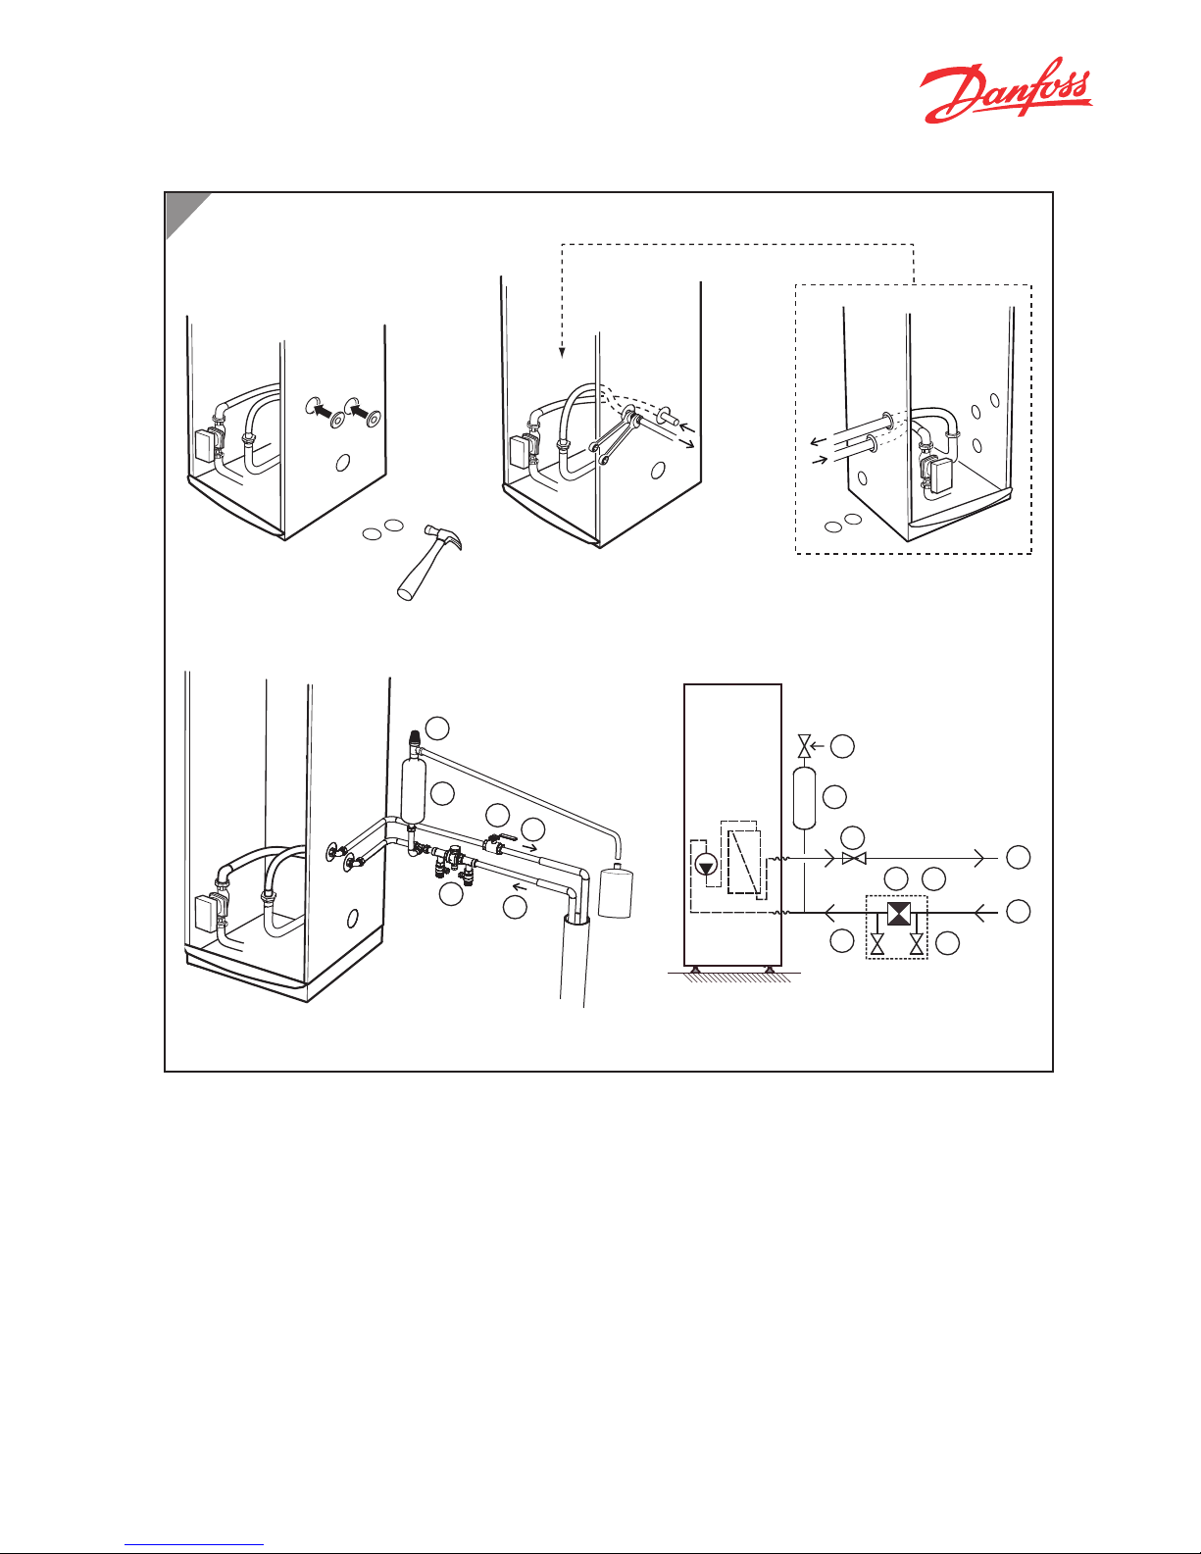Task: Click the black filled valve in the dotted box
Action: tap(897, 914)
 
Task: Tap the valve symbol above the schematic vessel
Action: tap(805, 747)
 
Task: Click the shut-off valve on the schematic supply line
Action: tap(854, 859)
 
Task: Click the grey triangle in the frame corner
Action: tap(182, 211)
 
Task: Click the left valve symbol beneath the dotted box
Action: tap(877, 946)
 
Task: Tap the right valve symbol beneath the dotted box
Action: tap(917, 946)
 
